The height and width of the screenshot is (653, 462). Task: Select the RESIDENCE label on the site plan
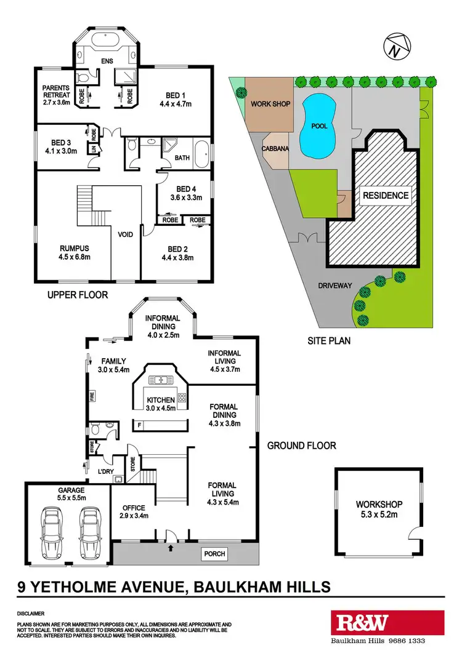[x=385, y=196]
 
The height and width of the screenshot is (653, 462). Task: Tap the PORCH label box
[x=215, y=554]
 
